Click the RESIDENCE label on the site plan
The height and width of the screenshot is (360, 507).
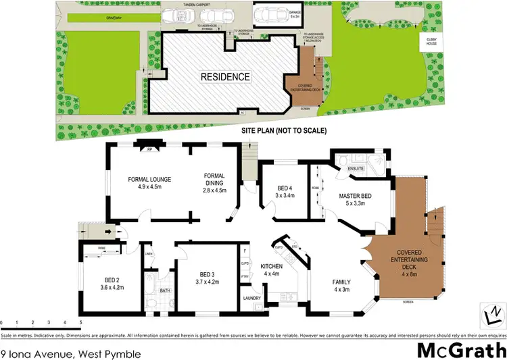tap(224, 76)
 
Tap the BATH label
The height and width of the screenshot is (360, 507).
tap(164, 291)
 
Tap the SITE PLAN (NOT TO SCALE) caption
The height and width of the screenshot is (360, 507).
tap(284, 130)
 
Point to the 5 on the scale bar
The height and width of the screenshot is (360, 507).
tap(81, 323)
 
